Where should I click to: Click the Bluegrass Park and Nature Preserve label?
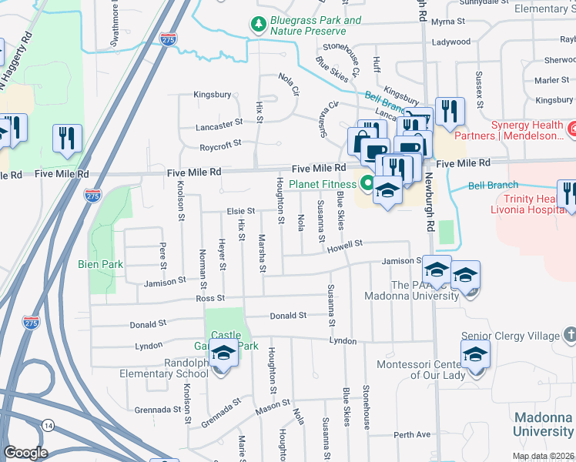[316, 25]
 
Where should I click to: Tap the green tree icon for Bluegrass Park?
[259, 25]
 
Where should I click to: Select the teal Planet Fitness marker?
[368, 183]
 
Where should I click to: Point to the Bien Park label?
[101, 263]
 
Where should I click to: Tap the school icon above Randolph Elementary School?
[223, 355]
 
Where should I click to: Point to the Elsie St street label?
[240, 210]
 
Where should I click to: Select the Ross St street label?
[209, 298]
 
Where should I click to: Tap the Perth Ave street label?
[412, 435]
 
